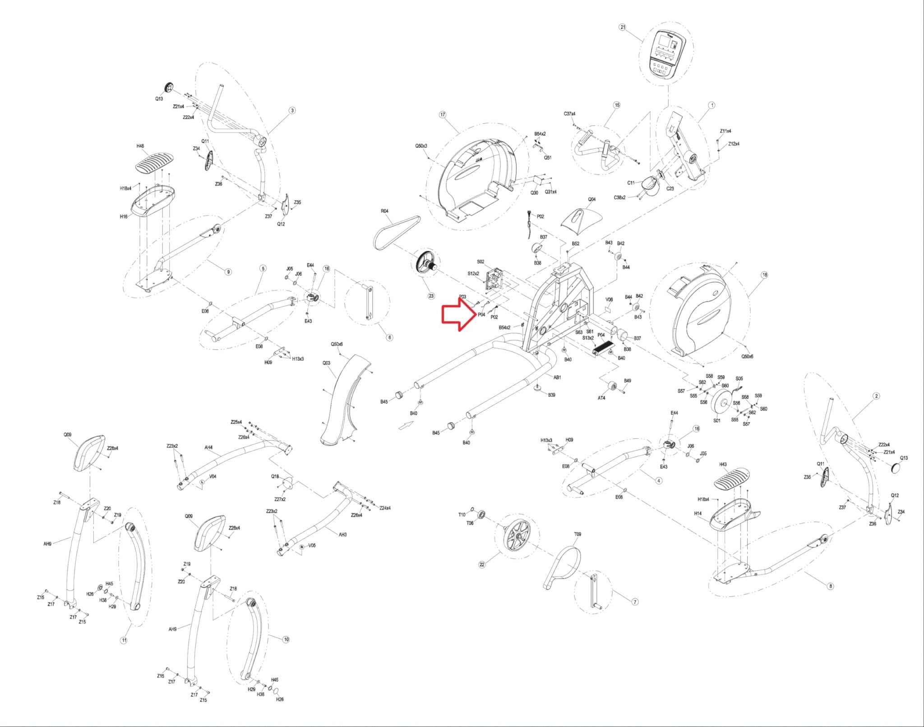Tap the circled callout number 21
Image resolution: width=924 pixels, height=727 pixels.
pos(623,27)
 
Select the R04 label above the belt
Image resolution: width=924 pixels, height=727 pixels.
pos(384,211)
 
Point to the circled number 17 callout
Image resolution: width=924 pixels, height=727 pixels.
pos(442,115)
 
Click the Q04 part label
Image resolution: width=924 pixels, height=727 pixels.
pos(591,199)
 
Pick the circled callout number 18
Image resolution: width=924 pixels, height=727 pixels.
pos(764,275)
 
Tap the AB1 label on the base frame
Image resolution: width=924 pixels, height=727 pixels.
pos(557,377)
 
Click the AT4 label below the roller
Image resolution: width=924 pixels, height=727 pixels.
pos(601,398)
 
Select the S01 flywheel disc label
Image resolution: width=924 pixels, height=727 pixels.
pos(716,421)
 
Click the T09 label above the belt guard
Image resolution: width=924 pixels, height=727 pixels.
pos(577,534)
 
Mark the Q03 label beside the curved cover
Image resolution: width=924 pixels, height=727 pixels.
pos(326,363)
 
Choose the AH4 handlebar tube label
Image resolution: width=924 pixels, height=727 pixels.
pos(208,448)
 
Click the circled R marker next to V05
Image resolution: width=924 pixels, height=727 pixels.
pos(301,547)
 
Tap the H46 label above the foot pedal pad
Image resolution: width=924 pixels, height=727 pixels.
pos(140,147)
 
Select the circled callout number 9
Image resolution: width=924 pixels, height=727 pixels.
pos(228,271)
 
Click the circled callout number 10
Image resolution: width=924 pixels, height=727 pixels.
pos(286,640)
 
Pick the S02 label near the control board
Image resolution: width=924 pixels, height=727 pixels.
pos(480,262)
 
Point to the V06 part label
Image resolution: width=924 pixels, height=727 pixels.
pos(609,299)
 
